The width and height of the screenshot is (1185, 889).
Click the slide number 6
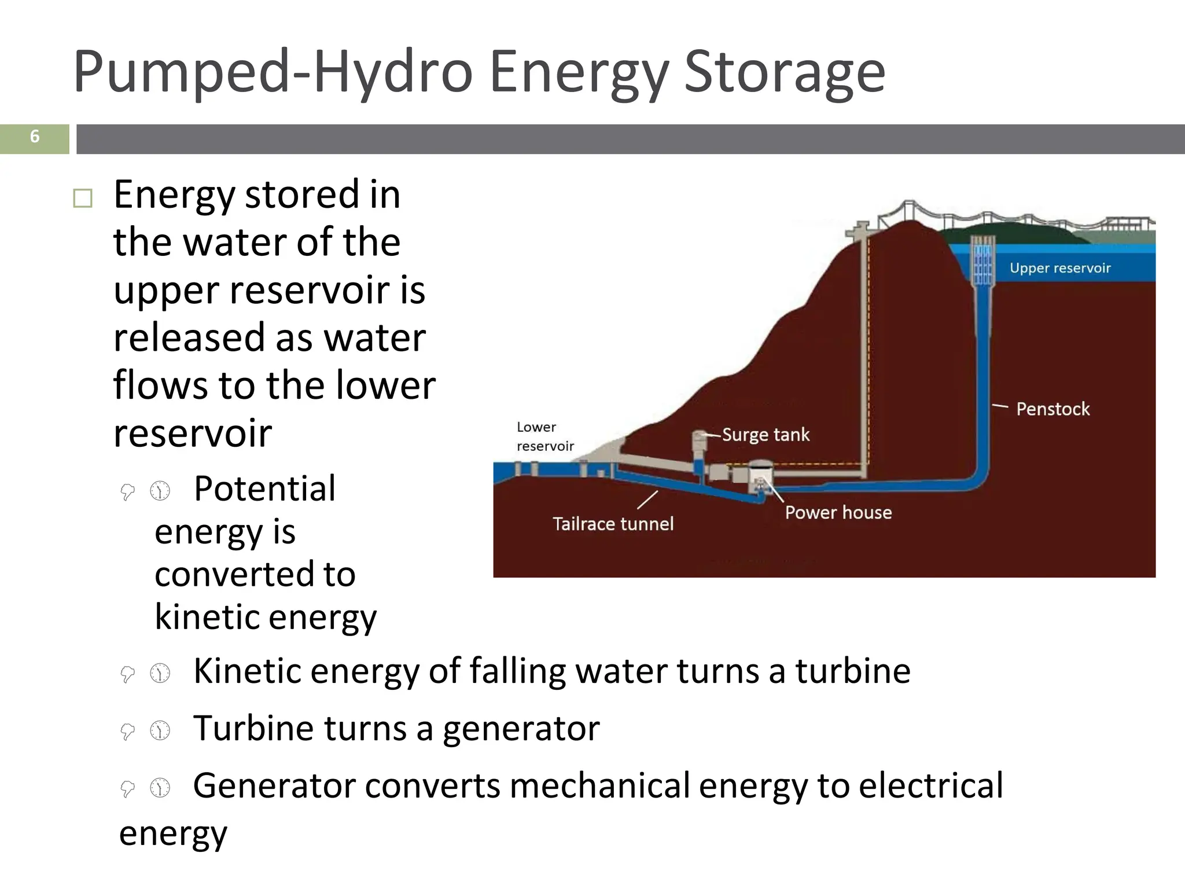[x=35, y=137]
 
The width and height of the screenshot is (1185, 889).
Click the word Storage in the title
[x=784, y=72]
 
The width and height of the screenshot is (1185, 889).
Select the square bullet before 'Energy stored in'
[x=83, y=199]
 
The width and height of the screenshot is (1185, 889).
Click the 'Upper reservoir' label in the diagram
[x=1060, y=268]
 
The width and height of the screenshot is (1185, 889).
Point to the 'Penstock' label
[x=1052, y=409]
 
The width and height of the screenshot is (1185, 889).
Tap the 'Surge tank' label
[x=766, y=435]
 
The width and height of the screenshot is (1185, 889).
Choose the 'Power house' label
[x=838, y=512]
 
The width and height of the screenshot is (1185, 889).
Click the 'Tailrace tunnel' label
[x=613, y=524]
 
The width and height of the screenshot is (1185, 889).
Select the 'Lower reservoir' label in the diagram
[x=544, y=436]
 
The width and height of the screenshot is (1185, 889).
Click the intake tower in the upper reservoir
[x=981, y=263]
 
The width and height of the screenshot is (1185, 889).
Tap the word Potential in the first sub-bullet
[x=264, y=488]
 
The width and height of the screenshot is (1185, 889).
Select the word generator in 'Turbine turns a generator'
[x=521, y=729]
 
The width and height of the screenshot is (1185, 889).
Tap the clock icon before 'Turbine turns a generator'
[x=160, y=730]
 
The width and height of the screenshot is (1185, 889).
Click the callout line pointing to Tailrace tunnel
[x=647, y=500]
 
